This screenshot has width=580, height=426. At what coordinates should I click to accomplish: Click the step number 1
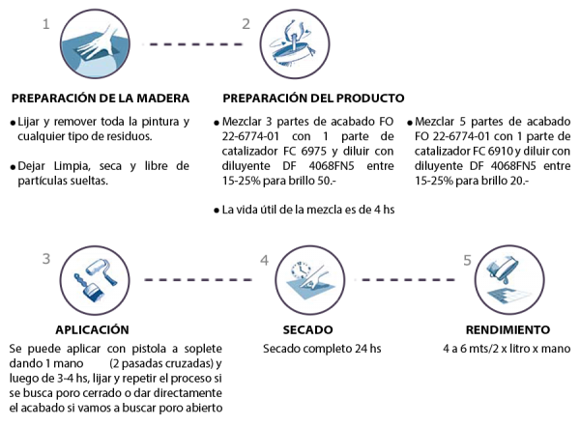[x=45, y=22]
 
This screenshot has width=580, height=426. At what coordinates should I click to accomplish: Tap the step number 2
[x=246, y=22]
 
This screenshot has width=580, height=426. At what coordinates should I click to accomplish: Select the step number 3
[x=45, y=259]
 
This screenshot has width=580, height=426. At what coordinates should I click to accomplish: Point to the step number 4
[x=264, y=261]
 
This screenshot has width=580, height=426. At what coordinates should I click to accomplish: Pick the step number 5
[x=468, y=261]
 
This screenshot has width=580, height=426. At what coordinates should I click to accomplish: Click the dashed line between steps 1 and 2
[x=192, y=44]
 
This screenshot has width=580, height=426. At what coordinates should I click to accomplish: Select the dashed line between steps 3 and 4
[x=198, y=280]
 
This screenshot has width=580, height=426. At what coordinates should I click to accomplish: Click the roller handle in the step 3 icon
[x=106, y=282]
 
